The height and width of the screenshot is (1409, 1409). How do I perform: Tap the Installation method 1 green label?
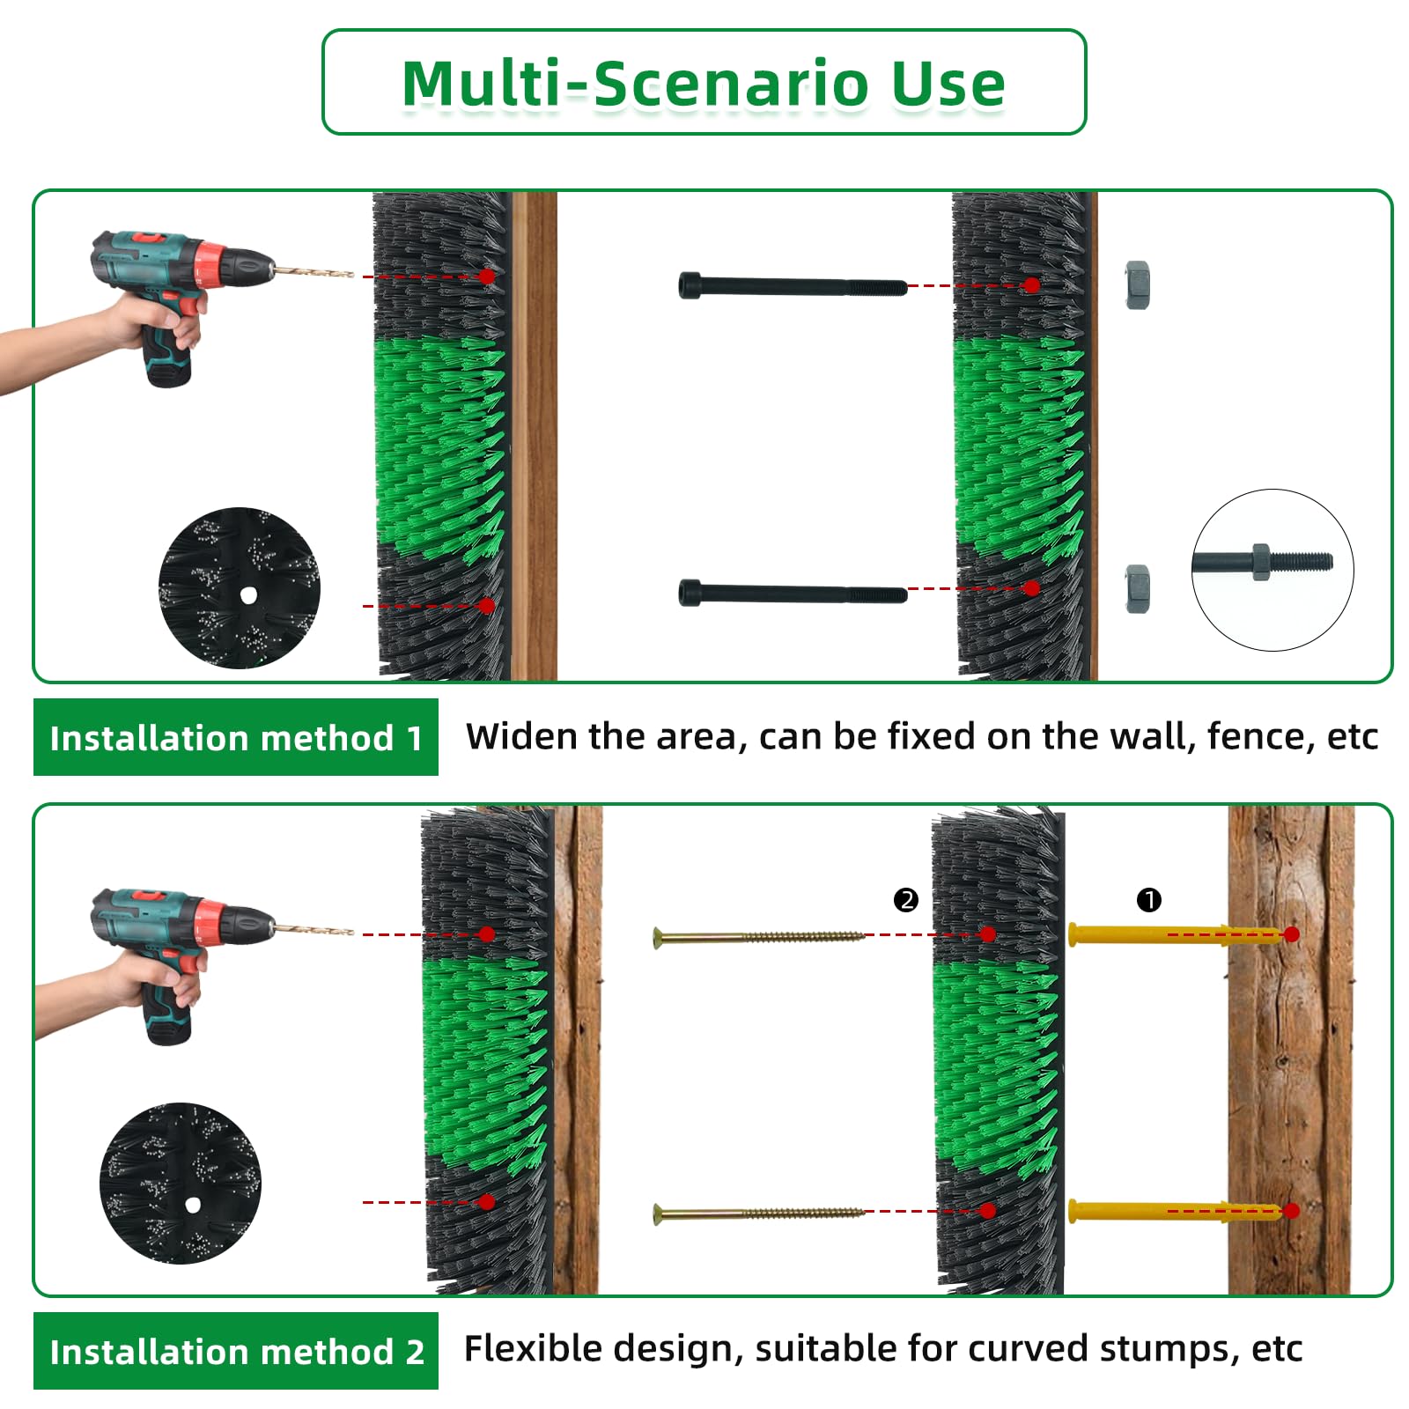(235, 738)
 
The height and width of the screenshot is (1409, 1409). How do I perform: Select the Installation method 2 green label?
(235, 1352)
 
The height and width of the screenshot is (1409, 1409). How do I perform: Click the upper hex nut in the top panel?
(1137, 284)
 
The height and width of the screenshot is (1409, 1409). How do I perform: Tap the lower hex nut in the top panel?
(1137, 588)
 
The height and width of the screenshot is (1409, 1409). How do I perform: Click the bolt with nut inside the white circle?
(1263, 561)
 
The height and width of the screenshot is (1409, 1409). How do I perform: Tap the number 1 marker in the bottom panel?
(1149, 900)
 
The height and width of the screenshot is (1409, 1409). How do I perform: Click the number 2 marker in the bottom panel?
(905, 900)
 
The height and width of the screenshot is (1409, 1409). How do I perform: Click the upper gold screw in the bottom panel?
(757, 937)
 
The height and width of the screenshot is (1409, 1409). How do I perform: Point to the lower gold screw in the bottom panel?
(757, 1214)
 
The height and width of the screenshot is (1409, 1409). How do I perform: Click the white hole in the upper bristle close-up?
(248, 595)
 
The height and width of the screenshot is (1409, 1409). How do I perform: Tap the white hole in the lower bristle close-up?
(193, 1204)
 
